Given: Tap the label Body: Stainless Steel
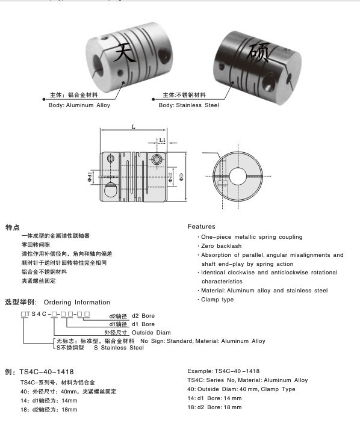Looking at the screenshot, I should [189, 105].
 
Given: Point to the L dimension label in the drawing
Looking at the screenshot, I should [132, 126].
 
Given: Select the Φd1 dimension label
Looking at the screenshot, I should [90, 176].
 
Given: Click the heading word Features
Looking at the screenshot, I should [201, 227].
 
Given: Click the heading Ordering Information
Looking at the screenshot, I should [77, 302].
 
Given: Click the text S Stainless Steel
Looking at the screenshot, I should [119, 347].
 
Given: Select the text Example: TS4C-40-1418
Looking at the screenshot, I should [224, 371].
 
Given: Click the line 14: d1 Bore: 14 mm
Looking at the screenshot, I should [214, 398].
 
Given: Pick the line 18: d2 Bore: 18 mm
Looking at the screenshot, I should [214, 407].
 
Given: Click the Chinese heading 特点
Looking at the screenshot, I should [13, 228].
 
